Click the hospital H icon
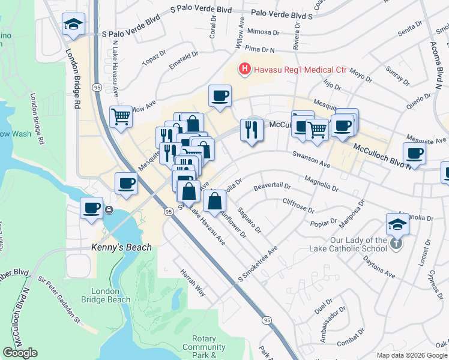tap(245, 70)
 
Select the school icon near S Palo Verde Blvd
tap(74, 24)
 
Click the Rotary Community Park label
tap(204, 347)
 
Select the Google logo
tap(20, 353)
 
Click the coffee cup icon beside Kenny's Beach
tap(92, 208)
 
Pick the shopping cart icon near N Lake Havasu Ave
tap(121, 116)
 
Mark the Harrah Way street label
tap(193, 283)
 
